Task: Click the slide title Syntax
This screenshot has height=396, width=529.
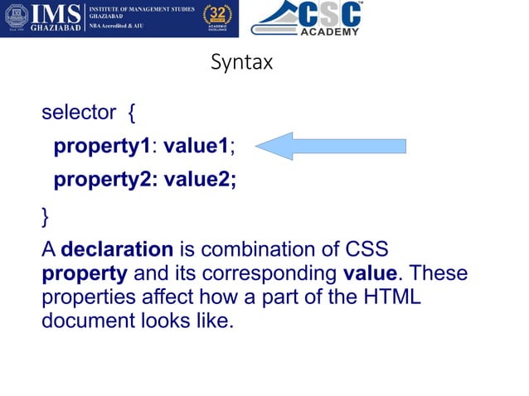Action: point(241,63)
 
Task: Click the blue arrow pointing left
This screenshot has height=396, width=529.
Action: point(329,146)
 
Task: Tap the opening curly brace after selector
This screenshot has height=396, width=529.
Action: point(133,113)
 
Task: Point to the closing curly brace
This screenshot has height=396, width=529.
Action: point(45,218)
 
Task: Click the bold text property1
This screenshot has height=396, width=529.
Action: point(100,147)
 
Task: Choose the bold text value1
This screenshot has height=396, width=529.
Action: point(196,147)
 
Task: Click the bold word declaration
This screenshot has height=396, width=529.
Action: point(117,249)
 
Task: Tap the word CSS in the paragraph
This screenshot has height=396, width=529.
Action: point(366,249)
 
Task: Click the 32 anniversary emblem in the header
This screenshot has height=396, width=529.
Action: point(218,19)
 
